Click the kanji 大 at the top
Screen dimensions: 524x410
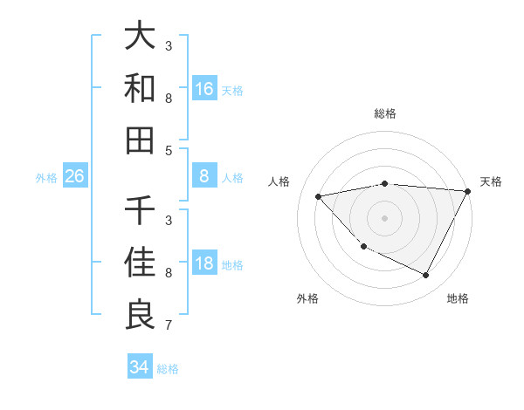tap(140, 37)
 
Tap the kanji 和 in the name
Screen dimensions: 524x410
tap(140, 88)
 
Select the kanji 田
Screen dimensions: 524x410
tap(140, 140)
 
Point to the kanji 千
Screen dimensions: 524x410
tap(140, 211)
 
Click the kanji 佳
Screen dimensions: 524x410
tap(140, 263)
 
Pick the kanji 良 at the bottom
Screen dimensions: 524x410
tap(140, 314)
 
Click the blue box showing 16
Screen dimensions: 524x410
tap(204, 89)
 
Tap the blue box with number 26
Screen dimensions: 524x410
tap(74, 177)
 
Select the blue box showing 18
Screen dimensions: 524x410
tap(204, 264)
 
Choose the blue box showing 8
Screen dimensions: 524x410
tap(204, 177)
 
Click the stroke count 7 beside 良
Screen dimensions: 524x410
tap(169, 325)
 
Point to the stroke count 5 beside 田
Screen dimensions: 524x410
tap(169, 150)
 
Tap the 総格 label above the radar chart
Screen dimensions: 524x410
tap(385, 113)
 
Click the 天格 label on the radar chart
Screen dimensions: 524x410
tap(491, 181)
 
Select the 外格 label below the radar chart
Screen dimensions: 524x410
tap(307, 298)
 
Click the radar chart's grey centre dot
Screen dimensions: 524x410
tap(384, 217)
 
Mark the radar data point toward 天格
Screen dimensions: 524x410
tap(468, 190)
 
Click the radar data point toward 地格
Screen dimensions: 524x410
tap(425, 276)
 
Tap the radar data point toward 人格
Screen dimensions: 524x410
tap(319, 196)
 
